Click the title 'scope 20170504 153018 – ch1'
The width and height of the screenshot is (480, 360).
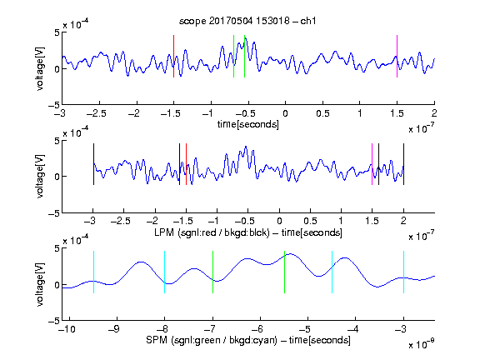[x=247, y=21]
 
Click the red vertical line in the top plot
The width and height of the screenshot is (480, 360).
[x=173, y=57]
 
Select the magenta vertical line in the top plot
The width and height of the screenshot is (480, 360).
[x=397, y=57]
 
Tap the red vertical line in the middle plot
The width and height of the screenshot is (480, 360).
[x=186, y=164]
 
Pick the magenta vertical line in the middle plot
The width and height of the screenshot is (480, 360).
[x=372, y=164]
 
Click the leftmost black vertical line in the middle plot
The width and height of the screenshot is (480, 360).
[x=93, y=164]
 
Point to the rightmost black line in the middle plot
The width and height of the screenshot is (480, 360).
[x=403, y=164]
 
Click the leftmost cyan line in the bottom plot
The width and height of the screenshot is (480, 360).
[x=93, y=272]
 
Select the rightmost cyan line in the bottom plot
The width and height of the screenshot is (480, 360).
[x=403, y=272]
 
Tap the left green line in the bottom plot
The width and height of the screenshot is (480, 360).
[x=212, y=272]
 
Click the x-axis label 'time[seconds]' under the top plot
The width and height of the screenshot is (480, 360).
[x=248, y=124]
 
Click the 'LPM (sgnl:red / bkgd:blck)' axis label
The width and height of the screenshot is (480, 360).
[x=212, y=232]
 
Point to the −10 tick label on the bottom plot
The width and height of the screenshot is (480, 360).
[x=67, y=329]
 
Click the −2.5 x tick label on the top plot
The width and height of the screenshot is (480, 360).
[x=97, y=113]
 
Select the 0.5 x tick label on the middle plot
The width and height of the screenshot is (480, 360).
[x=310, y=221]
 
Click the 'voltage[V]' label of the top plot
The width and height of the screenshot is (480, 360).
[x=39, y=68]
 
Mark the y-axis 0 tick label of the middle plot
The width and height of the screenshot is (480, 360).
[x=57, y=177]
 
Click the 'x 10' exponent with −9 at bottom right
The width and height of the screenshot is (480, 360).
[x=421, y=344]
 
